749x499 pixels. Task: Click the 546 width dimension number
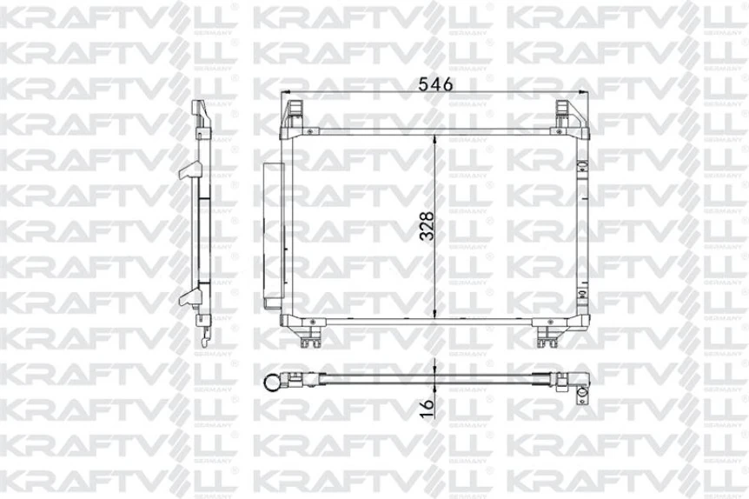[434, 85]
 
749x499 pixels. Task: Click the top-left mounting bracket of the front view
[294, 112]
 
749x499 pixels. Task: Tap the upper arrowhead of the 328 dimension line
[435, 138]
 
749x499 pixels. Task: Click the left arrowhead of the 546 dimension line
[286, 94]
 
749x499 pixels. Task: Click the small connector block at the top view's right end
[581, 390]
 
